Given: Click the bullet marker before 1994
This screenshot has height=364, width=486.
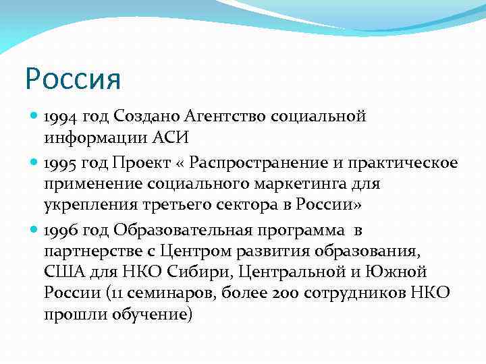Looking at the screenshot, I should [x=34, y=117].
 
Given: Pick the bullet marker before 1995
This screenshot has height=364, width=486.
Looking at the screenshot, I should [x=34, y=163].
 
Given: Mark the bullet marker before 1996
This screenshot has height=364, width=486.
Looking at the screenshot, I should [x=34, y=230].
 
